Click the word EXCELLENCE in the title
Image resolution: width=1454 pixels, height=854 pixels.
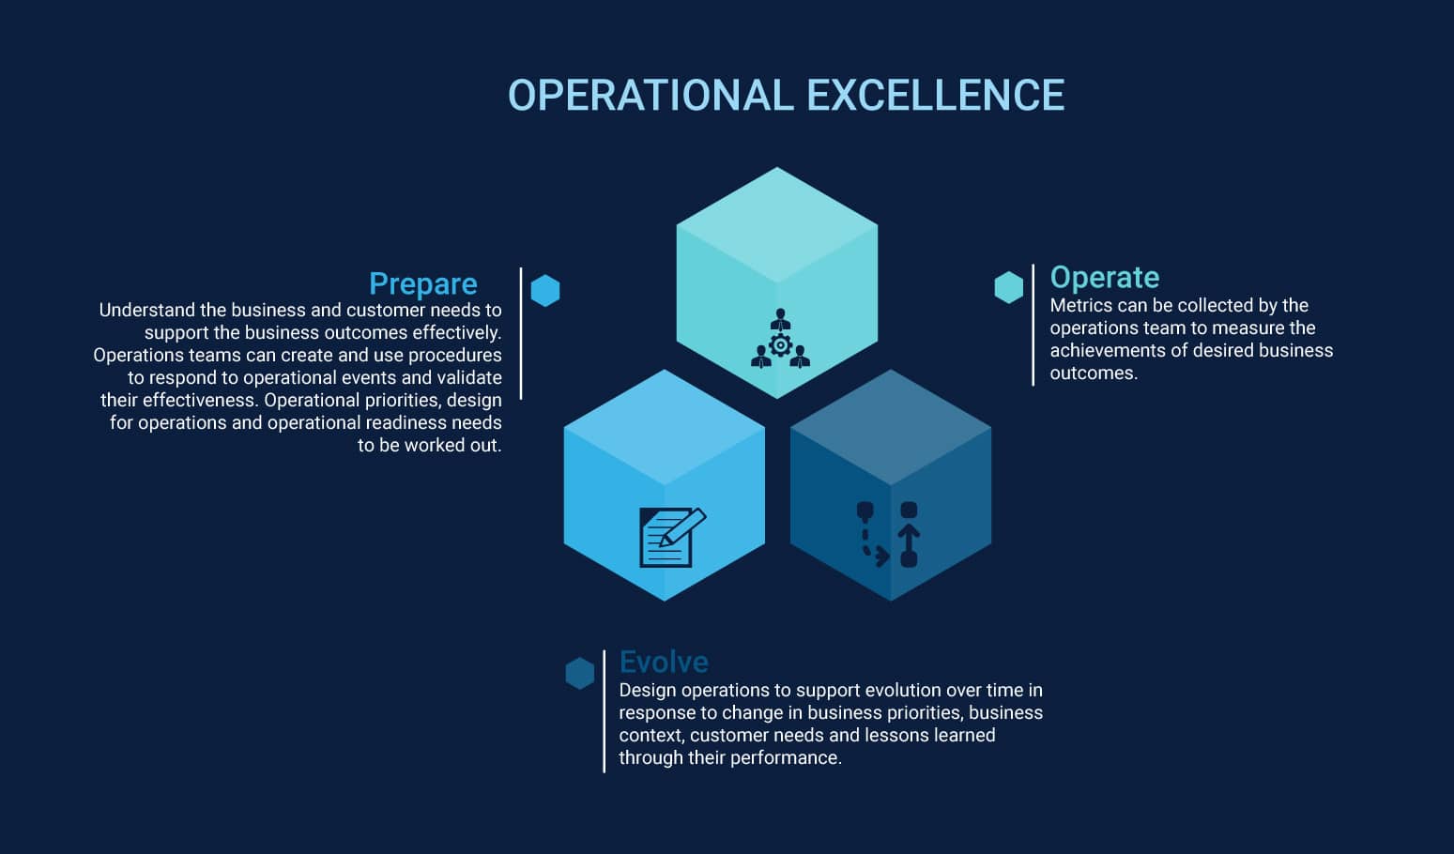[935, 96]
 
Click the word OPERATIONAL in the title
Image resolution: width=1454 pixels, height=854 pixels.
[651, 96]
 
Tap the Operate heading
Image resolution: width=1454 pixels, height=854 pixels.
[1105, 278]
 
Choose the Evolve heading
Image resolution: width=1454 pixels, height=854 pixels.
[664, 662]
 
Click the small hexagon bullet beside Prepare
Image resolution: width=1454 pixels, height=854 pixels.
[545, 290]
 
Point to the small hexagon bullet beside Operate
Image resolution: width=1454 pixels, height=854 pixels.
[1009, 287]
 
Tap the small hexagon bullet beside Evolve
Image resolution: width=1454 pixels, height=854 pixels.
[580, 673]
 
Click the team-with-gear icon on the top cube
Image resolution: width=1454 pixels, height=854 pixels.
[780, 339]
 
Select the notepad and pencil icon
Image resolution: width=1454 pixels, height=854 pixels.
[672, 538]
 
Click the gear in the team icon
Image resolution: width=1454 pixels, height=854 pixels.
[780, 345]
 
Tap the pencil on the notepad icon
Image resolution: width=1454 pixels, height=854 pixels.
[682, 526]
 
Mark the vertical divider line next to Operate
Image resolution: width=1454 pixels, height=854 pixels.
[1033, 325]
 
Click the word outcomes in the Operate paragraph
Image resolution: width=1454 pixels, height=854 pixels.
[1094, 374]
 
